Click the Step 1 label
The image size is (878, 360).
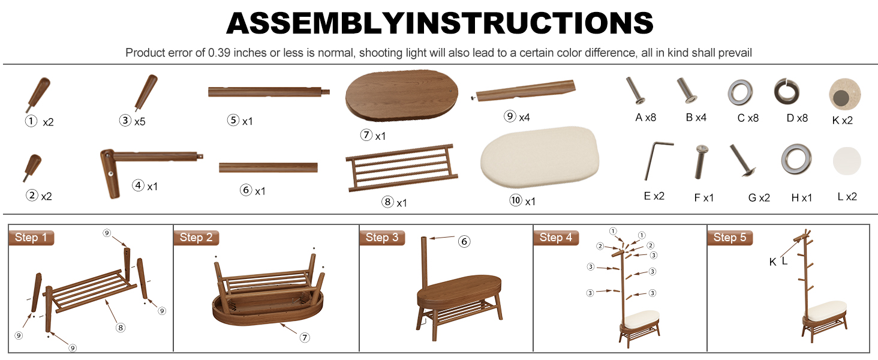[x=31, y=238]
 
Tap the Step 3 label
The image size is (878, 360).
[x=382, y=238]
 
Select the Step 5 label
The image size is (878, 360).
[x=730, y=238]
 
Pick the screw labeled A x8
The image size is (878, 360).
[x=635, y=91]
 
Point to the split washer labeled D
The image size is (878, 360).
[x=786, y=92]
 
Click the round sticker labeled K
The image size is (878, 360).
[x=844, y=94]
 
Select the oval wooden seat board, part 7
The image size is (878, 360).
[x=402, y=95]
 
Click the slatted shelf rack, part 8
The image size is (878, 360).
[x=401, y=168]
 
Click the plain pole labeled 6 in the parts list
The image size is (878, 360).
[x=268, y=167]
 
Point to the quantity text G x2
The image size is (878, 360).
[x=759, y=197]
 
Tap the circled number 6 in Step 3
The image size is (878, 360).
[x=464, y=241]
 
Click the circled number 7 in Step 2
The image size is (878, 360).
[x=305, y=337]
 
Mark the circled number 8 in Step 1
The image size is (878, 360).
[x=121, y=328]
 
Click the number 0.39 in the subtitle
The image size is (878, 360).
[x=219, y=53]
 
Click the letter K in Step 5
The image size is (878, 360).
[x=772, y=262]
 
